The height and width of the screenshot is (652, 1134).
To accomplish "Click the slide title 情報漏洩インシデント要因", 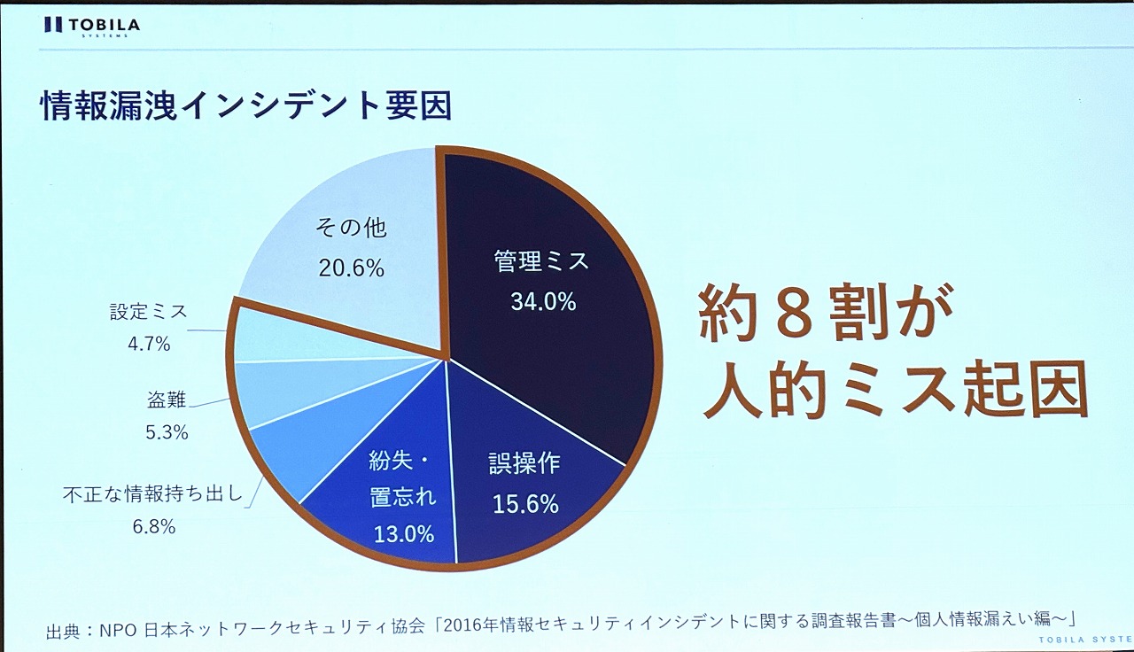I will point(246,105).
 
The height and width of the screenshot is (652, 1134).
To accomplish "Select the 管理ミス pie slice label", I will point(541,261).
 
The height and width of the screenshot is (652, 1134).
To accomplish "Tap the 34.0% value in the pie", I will point(543,301).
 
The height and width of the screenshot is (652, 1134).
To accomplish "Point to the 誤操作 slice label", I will point(525,464).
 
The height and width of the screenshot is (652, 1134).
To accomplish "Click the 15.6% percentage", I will point(525,504).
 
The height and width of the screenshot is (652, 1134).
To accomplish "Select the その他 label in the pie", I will point(351,228).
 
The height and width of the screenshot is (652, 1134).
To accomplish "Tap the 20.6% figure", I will point(352,268).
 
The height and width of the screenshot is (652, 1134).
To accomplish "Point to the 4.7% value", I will point(149,344).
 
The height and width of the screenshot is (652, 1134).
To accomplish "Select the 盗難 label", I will point(167,400).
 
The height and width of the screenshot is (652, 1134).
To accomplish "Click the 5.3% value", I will point(167,433).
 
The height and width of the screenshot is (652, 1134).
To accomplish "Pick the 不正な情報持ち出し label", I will point(152,494).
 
